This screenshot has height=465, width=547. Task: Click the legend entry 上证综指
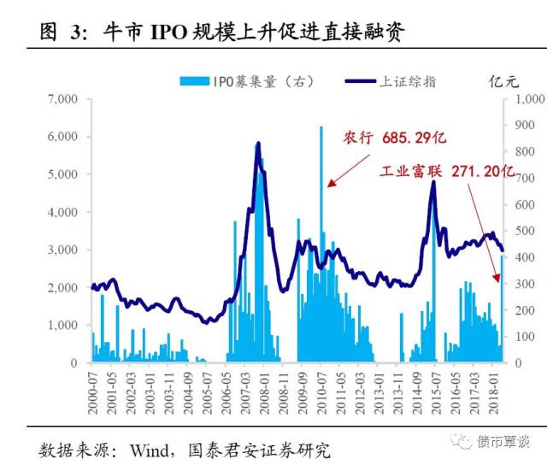(x=391, y=82)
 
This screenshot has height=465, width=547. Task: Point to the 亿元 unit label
(x=503, y=82)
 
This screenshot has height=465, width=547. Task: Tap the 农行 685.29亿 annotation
(x=395, y=138)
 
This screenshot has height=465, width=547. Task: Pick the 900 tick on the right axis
(x=523, y=126)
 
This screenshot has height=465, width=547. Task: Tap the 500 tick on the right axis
(x=523, y=231)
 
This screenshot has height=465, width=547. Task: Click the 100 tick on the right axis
(x=523, y=337)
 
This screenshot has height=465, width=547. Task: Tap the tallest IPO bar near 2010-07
(x=321, y=128)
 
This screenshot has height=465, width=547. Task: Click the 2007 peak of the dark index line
(x=258, y=144)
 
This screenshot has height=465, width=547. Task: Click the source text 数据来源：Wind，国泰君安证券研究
(x=185, y=449)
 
